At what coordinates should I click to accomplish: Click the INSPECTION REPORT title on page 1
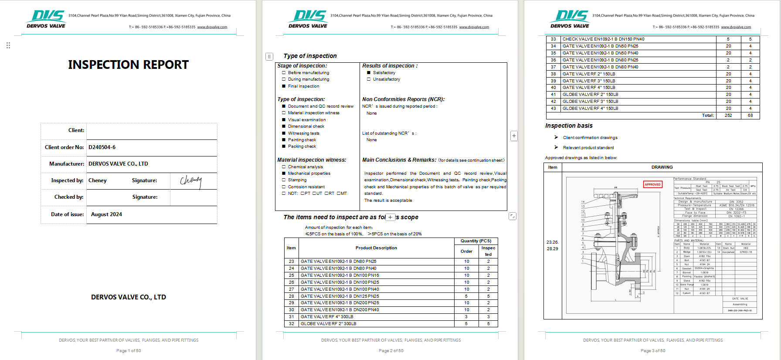point(128,65)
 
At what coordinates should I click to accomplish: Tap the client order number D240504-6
point(102,147)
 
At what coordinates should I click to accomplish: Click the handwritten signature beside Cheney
point(191,180)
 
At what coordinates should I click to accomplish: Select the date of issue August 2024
point(106,214)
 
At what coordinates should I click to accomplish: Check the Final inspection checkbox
point(284,86)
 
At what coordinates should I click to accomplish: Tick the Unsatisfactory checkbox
point(369,79)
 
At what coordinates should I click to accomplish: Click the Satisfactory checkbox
point(369,73)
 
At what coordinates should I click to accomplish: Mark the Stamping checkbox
point(284,180)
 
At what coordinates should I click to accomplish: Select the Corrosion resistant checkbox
point(284,187)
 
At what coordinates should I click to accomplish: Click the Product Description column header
point(376,248)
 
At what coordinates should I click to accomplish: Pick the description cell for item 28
point(340,296)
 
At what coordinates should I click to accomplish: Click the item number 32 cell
point(292,324)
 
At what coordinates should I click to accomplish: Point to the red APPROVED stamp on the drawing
point(652,184)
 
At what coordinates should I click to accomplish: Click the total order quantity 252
point(728,115)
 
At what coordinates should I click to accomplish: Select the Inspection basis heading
point(569,126)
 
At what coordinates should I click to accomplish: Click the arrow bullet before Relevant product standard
point(556,147)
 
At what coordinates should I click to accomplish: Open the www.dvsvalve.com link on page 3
point(736,27)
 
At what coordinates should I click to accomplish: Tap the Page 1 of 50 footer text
point(129,351)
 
